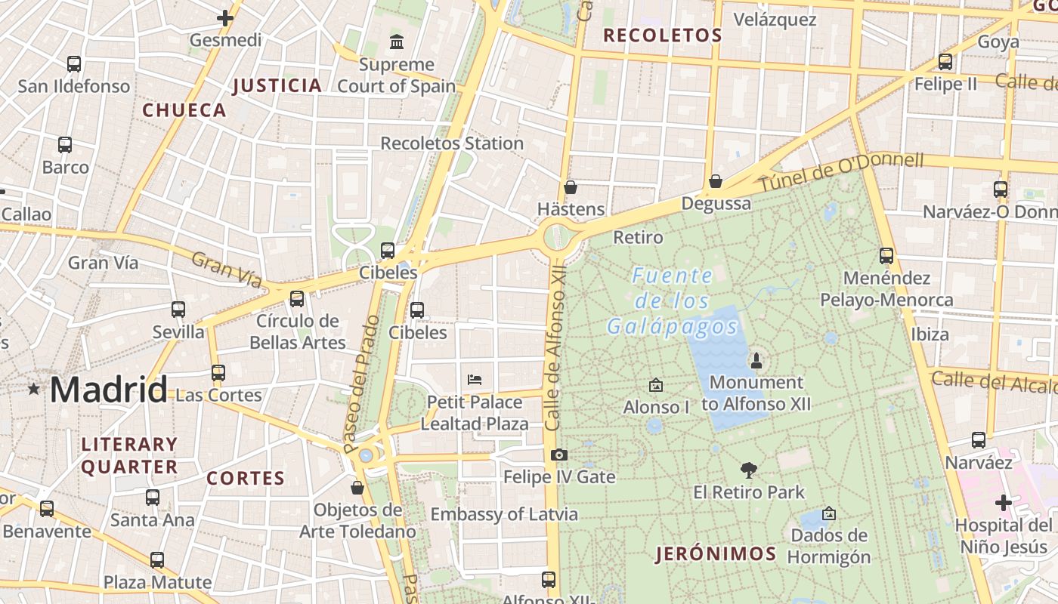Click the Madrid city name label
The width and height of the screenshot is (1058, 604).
coord(108,390)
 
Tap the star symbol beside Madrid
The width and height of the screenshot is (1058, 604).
coord(33,390)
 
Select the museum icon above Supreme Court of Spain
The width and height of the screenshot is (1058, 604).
coord(396,42)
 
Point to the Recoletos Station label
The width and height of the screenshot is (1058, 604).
coord(451,143)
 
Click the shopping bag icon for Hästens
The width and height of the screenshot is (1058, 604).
coord(571,187)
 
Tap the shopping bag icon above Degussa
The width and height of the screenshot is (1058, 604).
coord(715,181)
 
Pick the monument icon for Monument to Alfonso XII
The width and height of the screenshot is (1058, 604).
coord(756,360)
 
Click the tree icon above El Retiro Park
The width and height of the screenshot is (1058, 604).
coord(749,470)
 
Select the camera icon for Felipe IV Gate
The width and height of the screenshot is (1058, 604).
coord(558,455)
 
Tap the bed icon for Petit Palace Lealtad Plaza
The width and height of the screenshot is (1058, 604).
coord(475,379)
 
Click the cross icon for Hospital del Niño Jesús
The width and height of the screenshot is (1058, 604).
coord(1003,503)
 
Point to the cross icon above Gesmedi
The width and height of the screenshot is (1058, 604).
coord(225,18)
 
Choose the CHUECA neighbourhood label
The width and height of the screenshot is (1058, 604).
coord(184,110)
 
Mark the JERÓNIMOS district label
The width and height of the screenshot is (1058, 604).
coord(716,554)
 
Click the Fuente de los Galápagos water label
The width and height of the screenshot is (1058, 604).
coord(672,301)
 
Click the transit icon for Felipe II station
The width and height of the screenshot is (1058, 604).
coord(945,62)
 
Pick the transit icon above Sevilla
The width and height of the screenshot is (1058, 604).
coord(178,310)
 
